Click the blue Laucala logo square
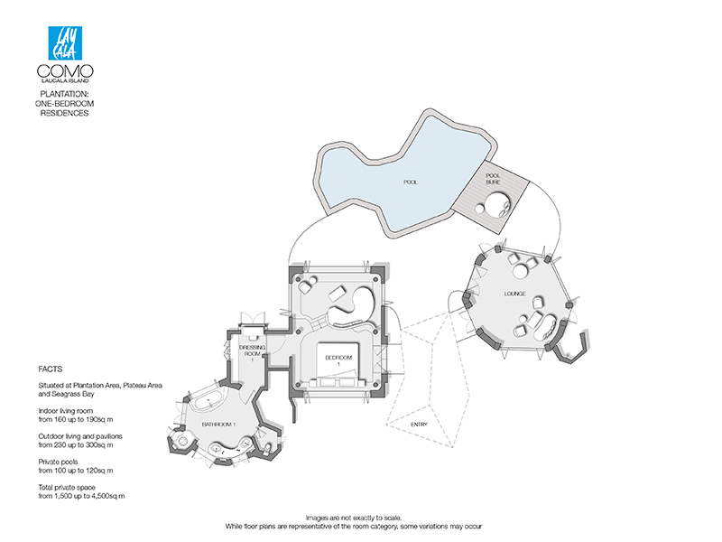65,43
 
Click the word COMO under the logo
65,71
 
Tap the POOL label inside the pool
411,182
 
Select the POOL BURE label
493,179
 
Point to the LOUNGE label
514,294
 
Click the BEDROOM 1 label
338,360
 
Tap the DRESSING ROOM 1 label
252,353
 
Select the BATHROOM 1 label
218,424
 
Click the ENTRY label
419,425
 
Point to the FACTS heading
51,369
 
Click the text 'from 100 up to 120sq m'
76,471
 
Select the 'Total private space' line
67,487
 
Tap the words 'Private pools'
58,462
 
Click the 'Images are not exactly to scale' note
354,518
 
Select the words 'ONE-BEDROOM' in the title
64,104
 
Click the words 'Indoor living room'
65,411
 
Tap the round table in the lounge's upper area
522,271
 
